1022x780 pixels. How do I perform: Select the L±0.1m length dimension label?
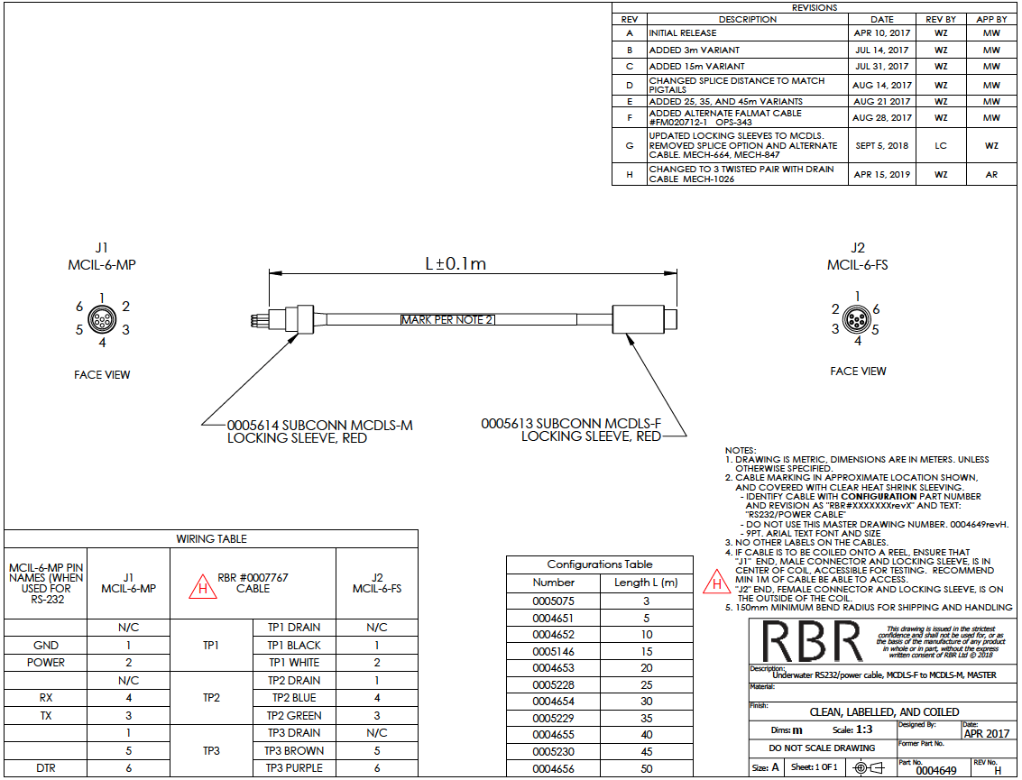(456, 264)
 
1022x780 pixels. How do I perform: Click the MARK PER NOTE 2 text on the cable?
(447, 320)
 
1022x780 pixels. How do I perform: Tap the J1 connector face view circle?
(102, 319)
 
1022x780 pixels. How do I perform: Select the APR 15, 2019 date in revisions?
(882, 175)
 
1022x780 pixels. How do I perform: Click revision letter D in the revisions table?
(630, 85)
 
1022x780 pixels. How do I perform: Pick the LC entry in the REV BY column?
(941, 145)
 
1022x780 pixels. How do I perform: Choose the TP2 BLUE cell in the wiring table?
(293, 698)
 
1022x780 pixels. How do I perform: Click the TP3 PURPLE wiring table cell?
(293, 768)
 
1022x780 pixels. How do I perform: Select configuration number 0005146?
(553, 651)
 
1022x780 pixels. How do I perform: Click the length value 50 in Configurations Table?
(646, 769)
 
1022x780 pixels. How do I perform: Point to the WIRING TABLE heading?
(211, 539)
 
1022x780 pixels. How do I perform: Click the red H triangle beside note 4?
(716, 583)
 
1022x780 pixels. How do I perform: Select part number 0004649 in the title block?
(935, 771)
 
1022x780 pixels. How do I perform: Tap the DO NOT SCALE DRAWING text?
(821, 748)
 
